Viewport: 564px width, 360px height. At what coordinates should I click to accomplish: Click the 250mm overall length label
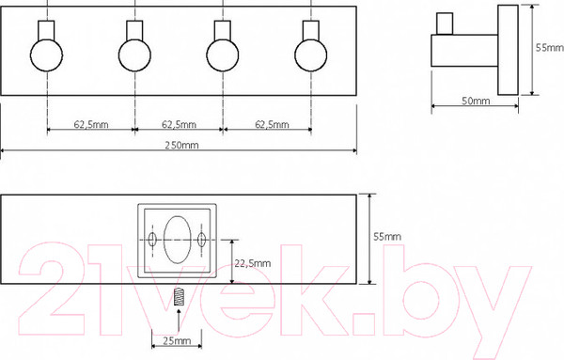point(181,145)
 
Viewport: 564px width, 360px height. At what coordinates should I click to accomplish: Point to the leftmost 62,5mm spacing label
point(91,124)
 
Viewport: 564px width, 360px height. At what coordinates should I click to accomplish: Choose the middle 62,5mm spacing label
point(179,124)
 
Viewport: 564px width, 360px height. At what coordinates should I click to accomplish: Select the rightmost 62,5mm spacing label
point(272,124)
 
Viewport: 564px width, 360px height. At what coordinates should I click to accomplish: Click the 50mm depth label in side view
point(476,101)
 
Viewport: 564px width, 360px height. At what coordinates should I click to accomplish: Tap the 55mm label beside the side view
point(550,48)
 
